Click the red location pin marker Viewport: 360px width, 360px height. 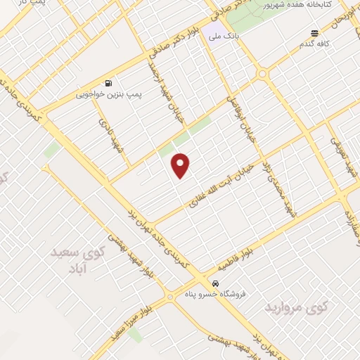181,166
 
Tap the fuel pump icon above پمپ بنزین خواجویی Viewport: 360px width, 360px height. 108,82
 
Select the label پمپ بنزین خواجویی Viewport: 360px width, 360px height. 101,93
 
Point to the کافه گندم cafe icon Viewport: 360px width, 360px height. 315,32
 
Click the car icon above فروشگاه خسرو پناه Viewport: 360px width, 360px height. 205,283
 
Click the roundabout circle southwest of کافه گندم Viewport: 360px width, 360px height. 262,74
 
